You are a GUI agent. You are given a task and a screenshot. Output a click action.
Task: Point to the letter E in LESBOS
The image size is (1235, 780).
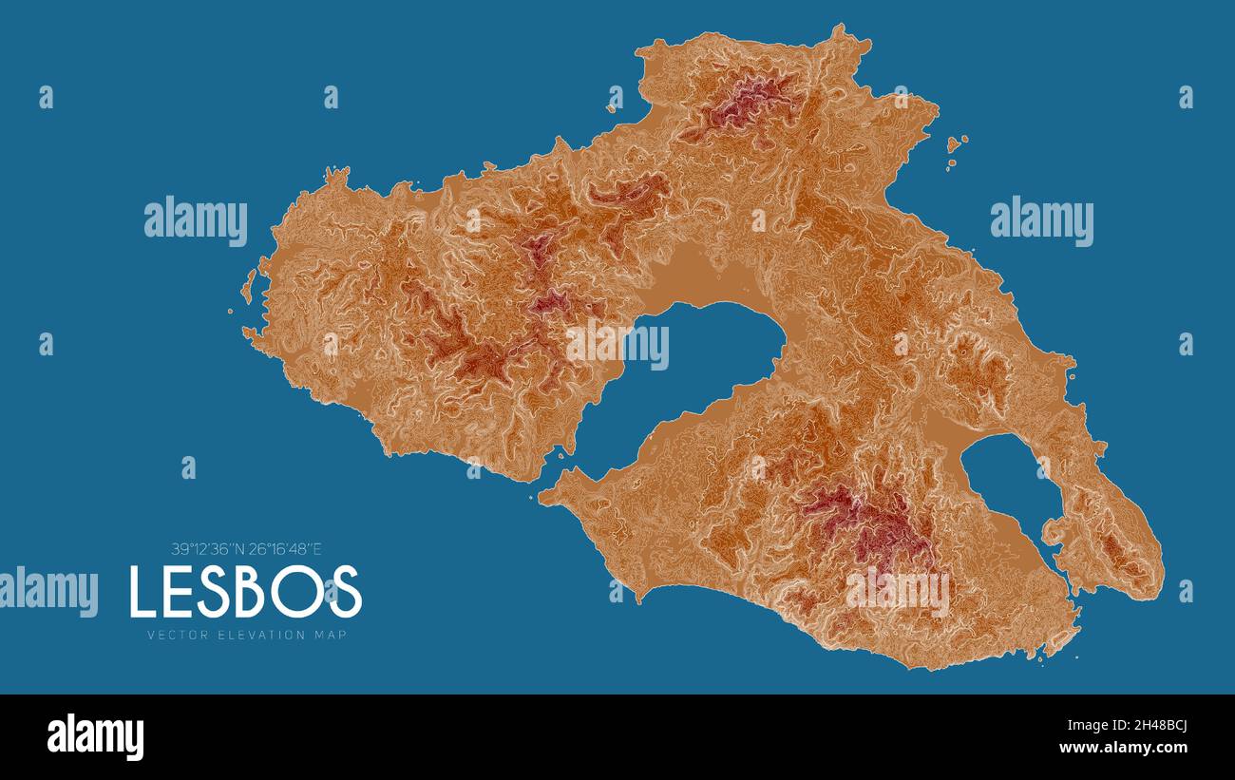pos(181,591)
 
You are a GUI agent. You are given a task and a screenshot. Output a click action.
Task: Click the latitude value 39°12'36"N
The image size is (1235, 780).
pos(207,548)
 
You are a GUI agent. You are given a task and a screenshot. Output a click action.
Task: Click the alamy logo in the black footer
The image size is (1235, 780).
pos(95,737)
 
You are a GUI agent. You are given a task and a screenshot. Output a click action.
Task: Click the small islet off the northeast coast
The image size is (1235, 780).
pos(956,145)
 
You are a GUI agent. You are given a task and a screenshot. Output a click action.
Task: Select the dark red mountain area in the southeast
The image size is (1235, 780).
pos(869,523)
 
